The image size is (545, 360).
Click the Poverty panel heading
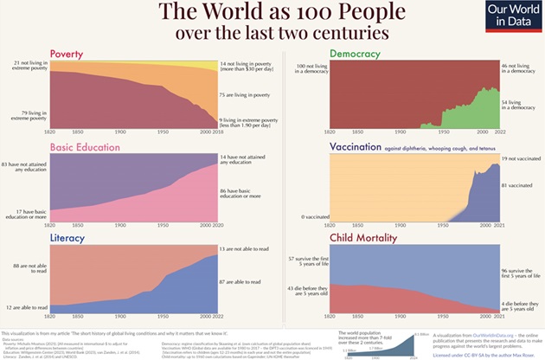click(x=67, y=54)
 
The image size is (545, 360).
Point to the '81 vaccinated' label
click(x=517, y=185)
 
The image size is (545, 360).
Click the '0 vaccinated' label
click(x=314, y=216)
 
